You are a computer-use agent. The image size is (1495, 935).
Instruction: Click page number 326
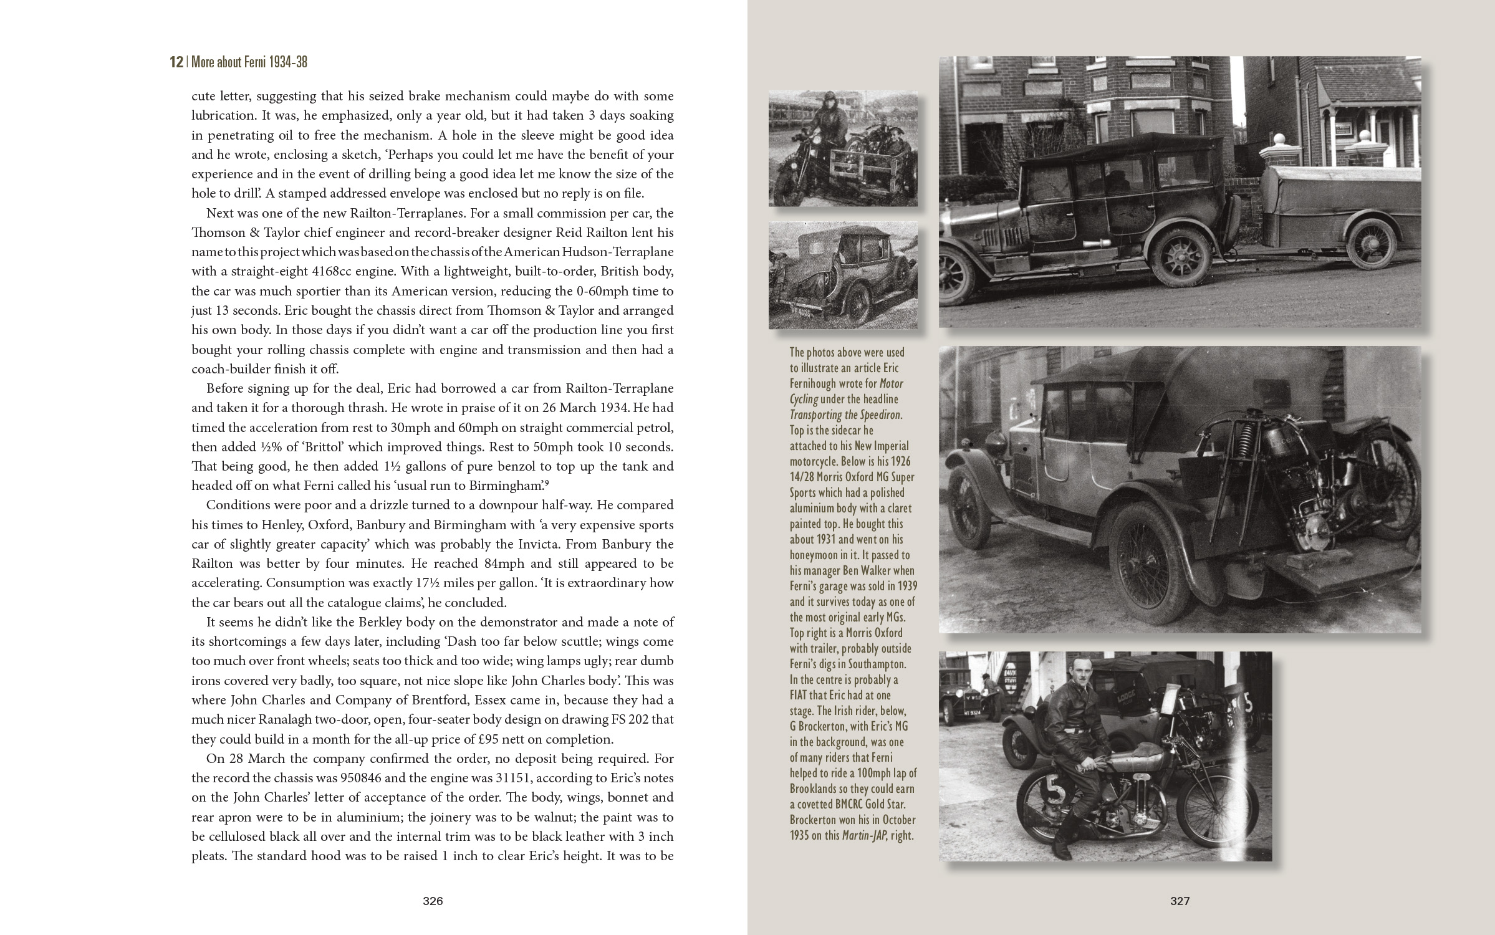pyautogui.click(x=433, y=901)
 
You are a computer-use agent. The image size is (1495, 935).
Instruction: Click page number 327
pyautogui.click(x=1180, y=901)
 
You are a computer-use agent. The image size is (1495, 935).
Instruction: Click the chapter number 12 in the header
pyautogui.click(x=176, y=62)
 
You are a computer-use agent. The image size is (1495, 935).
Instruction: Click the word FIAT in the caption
pyautogui.click(x=804, y=695)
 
